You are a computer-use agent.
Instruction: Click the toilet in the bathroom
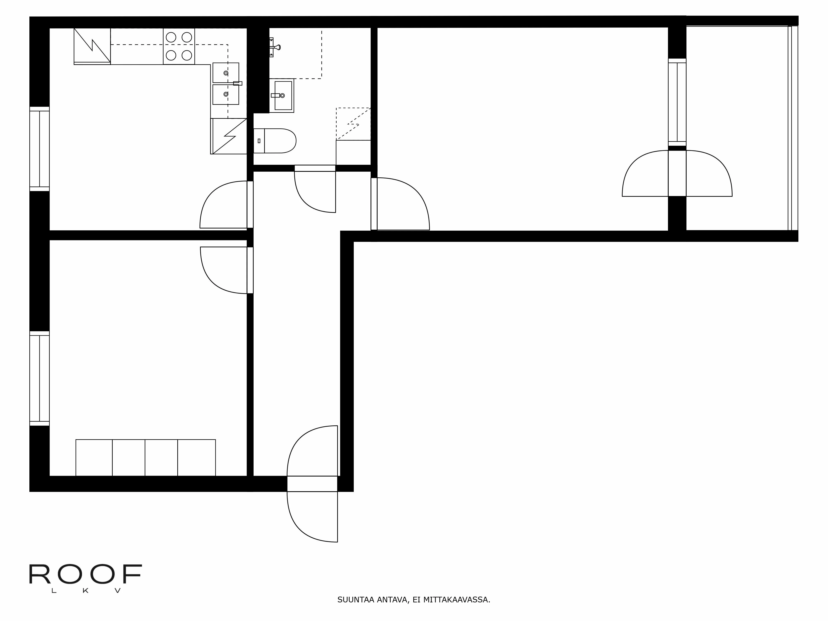(x=275, y=141)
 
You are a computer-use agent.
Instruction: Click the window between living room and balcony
(x=677, y=102)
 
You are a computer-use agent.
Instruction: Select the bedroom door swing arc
(x=221, y=271)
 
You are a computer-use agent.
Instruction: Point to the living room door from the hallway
(x=402, y=204)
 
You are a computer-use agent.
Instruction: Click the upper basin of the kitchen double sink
(x=226, y=73)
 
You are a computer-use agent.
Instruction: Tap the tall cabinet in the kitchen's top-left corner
(x=92, y=46)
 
